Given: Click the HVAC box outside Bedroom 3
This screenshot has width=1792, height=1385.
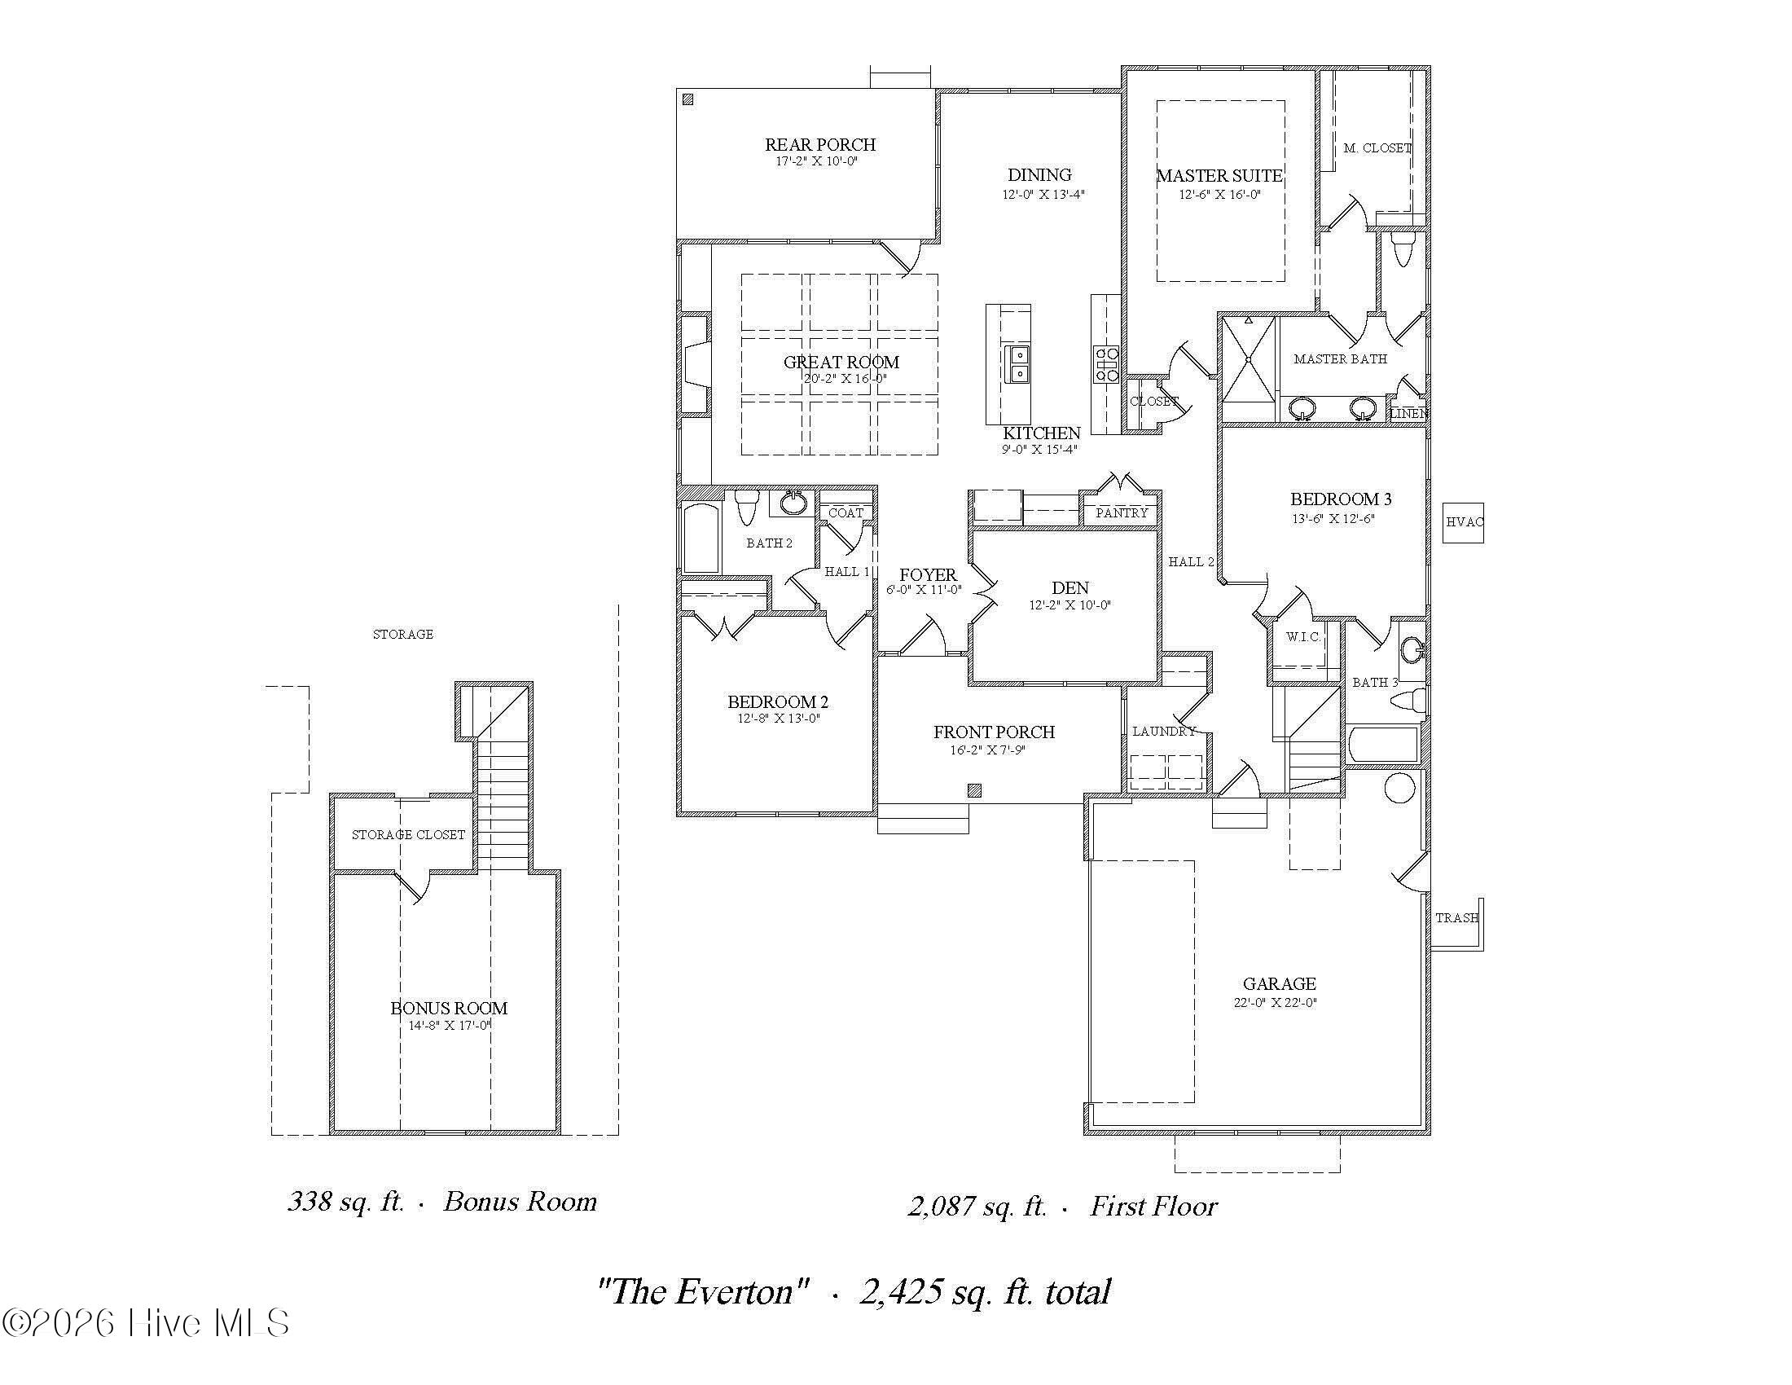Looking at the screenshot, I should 1463,522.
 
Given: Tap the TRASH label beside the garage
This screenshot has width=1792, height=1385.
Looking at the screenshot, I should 1456,918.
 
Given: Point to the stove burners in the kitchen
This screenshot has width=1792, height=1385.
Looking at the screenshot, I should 1106,364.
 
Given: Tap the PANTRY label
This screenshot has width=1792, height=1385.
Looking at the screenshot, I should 1121,512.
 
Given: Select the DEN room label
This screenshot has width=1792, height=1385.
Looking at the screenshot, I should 1070,587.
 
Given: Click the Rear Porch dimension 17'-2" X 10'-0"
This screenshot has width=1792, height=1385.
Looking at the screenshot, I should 816,161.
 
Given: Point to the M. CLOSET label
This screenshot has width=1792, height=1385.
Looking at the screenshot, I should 1377,148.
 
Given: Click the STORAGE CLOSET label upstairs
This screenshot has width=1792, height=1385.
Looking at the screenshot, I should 408,834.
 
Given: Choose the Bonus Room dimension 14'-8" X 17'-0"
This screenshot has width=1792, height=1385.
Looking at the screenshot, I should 450,1025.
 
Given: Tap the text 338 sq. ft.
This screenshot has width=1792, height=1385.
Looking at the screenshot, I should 345,1201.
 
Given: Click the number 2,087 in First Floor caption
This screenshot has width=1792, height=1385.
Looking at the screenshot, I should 942,1206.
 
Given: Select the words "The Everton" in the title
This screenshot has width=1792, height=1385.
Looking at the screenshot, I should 704,1292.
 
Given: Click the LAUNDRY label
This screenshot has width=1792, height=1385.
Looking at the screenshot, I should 1163,731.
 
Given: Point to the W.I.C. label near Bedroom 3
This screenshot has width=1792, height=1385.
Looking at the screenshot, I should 1302,637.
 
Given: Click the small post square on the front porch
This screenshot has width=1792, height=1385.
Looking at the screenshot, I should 974,790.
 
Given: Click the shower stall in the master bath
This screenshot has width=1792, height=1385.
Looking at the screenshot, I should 1248,360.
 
